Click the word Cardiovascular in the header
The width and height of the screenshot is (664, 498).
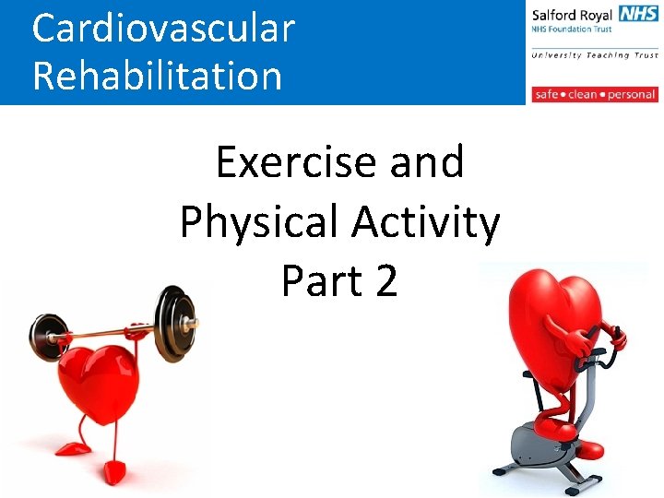[x=163, y=28]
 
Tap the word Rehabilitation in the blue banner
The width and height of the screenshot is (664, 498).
[x=157, y=75]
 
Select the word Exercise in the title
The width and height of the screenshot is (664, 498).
[x=295, y=163]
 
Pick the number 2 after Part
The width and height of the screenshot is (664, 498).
[x=386, y=280]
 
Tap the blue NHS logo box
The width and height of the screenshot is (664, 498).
[x=638, y=14]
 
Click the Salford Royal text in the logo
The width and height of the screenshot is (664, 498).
[x=573, y=15]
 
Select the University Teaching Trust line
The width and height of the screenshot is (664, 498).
[x=594, y=55]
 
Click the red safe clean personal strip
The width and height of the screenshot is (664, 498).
[x=594, y=94]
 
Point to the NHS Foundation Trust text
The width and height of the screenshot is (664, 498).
[x=573, y=30]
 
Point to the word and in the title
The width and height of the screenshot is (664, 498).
[x=426, y=163]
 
